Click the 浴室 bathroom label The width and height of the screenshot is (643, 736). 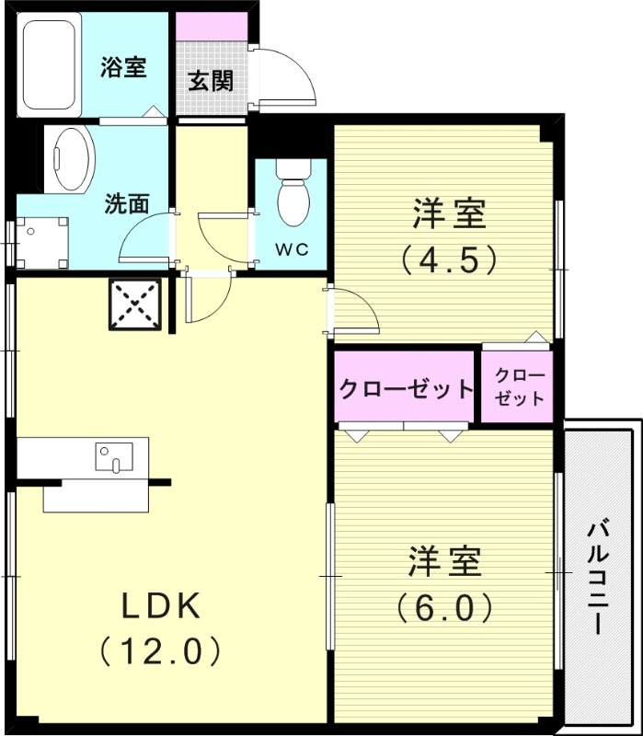[x=123, y=68]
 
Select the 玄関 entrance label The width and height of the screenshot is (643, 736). [x=211, y=81]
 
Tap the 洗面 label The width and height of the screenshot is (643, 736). [x=126, y=204]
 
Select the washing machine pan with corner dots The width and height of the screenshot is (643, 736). [x=39, y=241]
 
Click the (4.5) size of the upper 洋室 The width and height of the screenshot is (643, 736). [x=449, y=259]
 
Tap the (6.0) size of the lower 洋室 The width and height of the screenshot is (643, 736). [x=444, y=607]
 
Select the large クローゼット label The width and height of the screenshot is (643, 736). [x=405, y=388]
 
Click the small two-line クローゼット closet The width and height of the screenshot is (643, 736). [x=519, y=387]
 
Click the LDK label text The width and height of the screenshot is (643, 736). [x=162, y=605]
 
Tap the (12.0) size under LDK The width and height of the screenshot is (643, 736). [x=162, y=651]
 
